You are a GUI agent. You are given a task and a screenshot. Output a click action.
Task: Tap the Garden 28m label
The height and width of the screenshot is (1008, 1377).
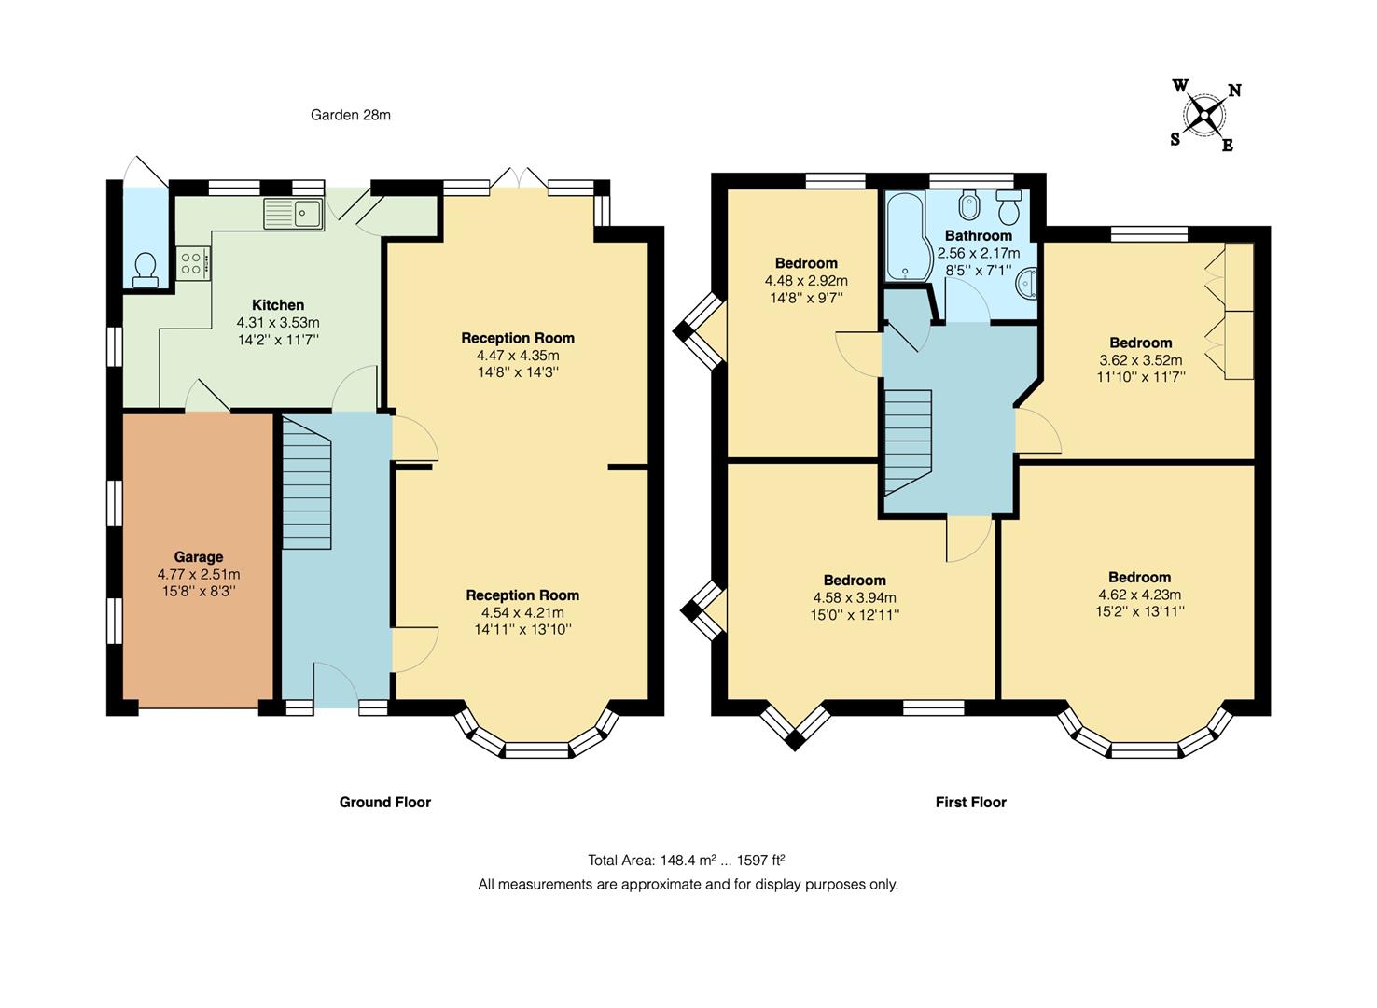click(x=351, y=115)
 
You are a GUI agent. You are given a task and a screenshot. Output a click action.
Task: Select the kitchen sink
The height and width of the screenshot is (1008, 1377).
click(x=294, y=214)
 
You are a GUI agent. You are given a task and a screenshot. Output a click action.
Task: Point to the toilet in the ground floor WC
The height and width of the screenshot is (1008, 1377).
click(x=146, y=270)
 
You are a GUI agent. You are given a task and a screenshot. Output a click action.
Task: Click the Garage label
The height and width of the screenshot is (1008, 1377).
click(x=199, y=557)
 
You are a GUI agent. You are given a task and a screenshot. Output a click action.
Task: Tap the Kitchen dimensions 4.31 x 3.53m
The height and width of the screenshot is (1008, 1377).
click(x=278, y=322)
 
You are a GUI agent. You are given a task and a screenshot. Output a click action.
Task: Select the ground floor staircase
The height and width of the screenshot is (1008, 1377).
click(x=307, y=483)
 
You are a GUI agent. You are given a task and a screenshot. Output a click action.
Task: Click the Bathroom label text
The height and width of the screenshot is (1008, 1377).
click(x=979, y=235)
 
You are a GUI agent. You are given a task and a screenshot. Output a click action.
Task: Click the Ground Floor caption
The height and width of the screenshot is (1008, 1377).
click(x=385, y=802)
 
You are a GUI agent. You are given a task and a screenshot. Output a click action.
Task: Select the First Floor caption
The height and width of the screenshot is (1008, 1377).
click(x=971, y=802)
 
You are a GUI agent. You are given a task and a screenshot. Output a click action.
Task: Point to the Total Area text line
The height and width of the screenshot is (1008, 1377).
click(x=687, y=860)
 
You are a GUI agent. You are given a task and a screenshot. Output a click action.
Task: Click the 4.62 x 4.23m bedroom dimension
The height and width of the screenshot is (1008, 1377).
click(x=1140, y=595)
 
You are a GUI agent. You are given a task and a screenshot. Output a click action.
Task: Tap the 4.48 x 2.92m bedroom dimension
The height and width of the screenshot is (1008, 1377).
click(x=807, y=281)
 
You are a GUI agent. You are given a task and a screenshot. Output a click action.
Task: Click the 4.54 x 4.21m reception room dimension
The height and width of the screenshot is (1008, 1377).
click(x=522, y=612)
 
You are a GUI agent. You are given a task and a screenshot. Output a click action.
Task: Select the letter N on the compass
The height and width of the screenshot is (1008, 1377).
click(x=1234, y=91)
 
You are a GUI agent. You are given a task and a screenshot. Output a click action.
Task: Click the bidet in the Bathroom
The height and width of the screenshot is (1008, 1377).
click(x=969, y=205)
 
